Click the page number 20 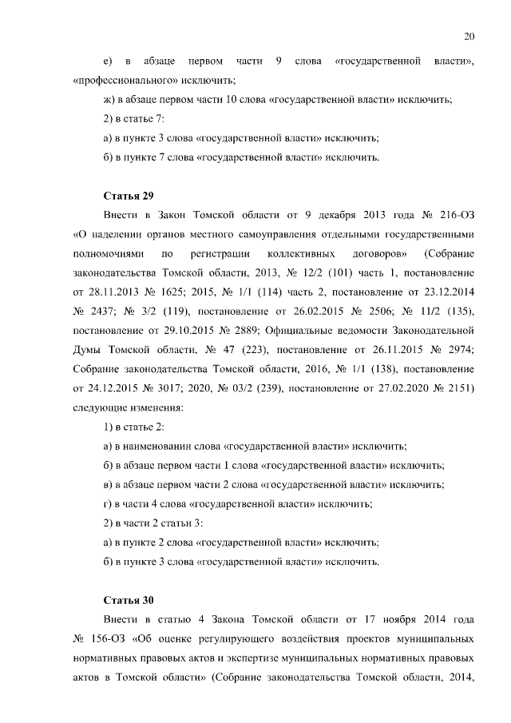pyautogui.click(x=469, y=35)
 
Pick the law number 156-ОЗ pyautogui.click(x=108, y=639)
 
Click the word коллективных pyautogui.click(x=308, y=254)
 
